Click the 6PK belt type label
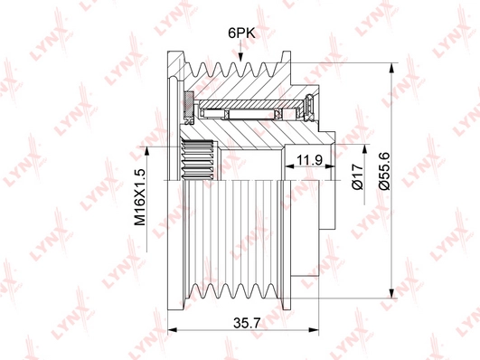point(241,33)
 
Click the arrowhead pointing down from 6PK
point(240,57)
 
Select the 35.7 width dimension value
point(242,323)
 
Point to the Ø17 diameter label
point(358,176)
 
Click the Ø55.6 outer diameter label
point(384,171)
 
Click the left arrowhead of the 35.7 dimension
point(173,330)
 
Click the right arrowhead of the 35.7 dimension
point(314,330)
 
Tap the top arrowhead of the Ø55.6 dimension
point(391,68)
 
